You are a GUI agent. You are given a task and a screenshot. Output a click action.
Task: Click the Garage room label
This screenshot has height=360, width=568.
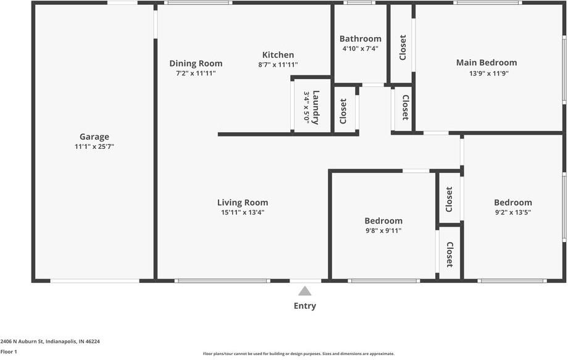[94, 136]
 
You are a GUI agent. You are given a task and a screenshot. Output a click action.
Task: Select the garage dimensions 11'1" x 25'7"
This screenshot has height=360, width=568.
[94, 147]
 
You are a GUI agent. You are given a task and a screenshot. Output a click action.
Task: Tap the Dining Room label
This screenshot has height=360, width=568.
[196, 63]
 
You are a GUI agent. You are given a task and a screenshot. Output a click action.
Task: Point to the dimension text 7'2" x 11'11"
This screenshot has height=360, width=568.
[196, 73]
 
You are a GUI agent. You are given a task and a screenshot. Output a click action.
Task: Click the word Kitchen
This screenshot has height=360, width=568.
[278, 54]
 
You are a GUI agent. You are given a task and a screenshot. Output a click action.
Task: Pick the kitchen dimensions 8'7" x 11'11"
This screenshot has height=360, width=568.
[278, 65]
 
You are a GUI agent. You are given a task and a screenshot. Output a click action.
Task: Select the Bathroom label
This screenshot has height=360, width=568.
[360, 38]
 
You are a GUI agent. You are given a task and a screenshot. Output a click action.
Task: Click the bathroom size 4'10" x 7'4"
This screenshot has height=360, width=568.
[360, 49]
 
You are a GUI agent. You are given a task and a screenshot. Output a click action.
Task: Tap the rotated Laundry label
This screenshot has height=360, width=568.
[316, 107]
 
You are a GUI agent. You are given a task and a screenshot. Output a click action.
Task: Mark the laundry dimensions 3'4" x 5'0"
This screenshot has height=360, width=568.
[306, 107]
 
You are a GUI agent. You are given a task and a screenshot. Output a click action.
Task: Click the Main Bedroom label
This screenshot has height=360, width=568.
[487, 62]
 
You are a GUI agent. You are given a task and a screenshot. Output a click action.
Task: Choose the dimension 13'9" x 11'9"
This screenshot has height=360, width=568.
[487, 73]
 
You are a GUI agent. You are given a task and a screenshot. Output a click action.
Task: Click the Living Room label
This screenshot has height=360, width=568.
[242, 202]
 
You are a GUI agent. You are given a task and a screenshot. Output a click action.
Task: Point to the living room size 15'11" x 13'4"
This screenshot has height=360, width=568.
[242, 212]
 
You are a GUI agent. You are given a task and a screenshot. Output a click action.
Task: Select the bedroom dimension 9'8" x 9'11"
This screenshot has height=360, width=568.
[383, 231]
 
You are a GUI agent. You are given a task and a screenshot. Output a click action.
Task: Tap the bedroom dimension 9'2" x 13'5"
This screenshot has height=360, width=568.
[512, 212]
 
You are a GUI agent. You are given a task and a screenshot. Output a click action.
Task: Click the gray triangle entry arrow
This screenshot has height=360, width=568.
[305, 291]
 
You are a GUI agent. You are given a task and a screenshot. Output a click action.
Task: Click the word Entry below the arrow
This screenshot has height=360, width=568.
[305, 306]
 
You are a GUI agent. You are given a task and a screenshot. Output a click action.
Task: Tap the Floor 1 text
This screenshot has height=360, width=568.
[9, 351]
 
